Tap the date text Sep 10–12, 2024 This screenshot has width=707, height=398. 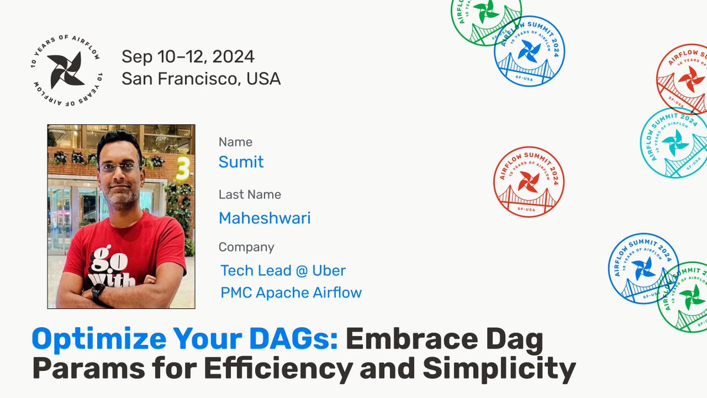click(188, 57)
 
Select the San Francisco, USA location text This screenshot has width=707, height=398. click(201, 78)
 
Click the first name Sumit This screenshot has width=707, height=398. click(241, 162)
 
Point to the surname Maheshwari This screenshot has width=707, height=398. click(265, 218)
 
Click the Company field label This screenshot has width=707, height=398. click(246, 247)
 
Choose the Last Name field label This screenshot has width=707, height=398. click(250, 194)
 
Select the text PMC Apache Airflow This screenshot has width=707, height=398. click(291, 292)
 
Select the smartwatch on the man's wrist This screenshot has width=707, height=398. click(98, 292)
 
